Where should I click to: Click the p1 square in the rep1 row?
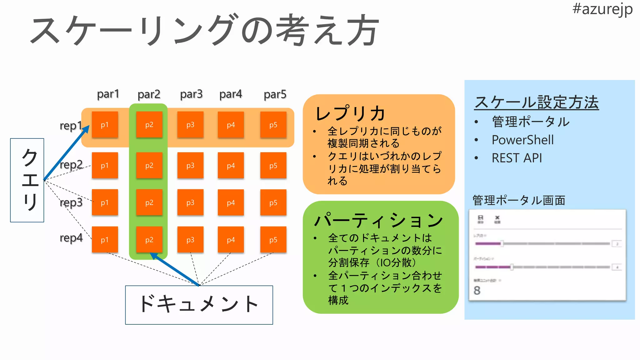click(105, 125)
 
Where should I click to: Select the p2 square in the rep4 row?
click(149, 240)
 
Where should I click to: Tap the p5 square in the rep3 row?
click(273, 202)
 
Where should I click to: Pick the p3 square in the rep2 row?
click(190, 165)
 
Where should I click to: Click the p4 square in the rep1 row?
click(231, 125)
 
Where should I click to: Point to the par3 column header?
click(191, 94)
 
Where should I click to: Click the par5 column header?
click(275, 94)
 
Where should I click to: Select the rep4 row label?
click(71, 238)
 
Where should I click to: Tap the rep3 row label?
click(71, 202)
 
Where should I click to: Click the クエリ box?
click(27, 180)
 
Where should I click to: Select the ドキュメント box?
click(199, 305)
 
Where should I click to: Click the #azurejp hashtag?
click(602, 9)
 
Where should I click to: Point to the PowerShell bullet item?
click(522, 140)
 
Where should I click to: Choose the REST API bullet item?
click(517, 158)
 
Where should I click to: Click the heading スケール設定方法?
click(536, 102)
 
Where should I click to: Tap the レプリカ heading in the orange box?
click(350, 113)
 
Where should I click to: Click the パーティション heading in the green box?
click(379, 220)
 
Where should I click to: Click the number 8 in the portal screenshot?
click(477, 290)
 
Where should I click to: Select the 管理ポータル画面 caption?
click(519, 200)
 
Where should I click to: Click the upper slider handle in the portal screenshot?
click(502, 243)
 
